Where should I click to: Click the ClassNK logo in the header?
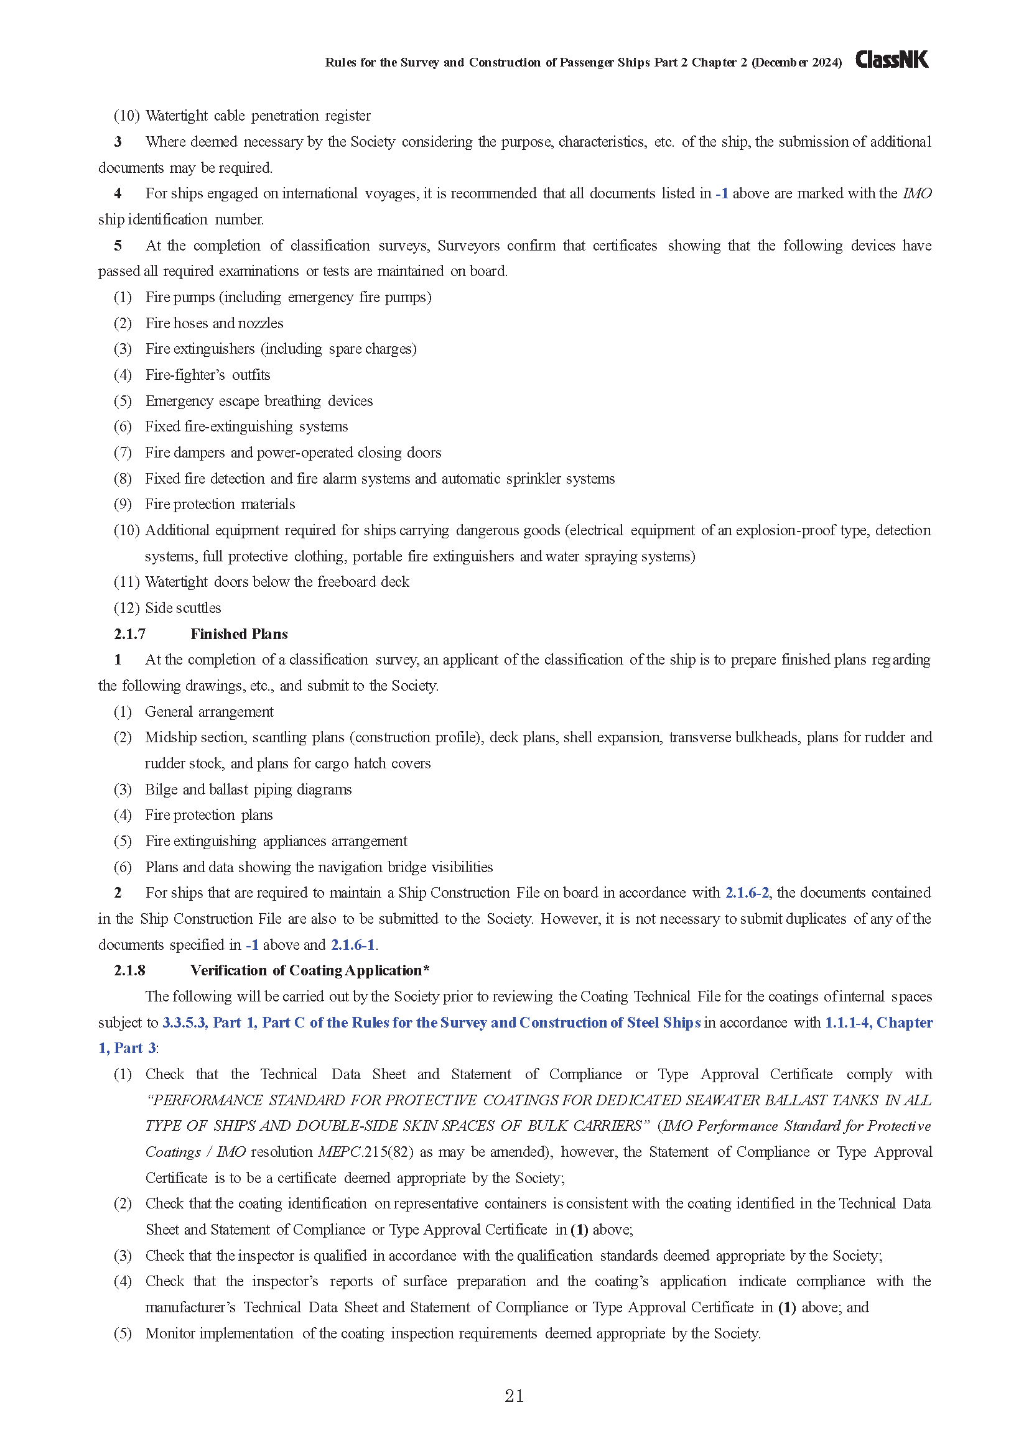[892, 60]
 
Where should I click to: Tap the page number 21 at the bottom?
[514, 1396]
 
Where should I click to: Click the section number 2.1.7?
[130, 634]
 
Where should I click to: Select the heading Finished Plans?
[239, 634]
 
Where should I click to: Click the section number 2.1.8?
[130, 970]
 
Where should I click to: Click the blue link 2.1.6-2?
[747, 893]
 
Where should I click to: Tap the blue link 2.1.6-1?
[353, 945]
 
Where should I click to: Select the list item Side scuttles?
[183, 608]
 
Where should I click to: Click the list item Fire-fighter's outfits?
[208, 375]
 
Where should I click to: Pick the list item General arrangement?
[209, 712]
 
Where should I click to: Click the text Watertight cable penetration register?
[258, 116]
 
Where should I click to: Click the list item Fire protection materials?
[220, 504]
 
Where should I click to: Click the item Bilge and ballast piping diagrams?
[248, 789]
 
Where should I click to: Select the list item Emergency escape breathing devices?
[259, 401]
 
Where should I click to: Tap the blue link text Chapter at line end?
[904, 1023]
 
